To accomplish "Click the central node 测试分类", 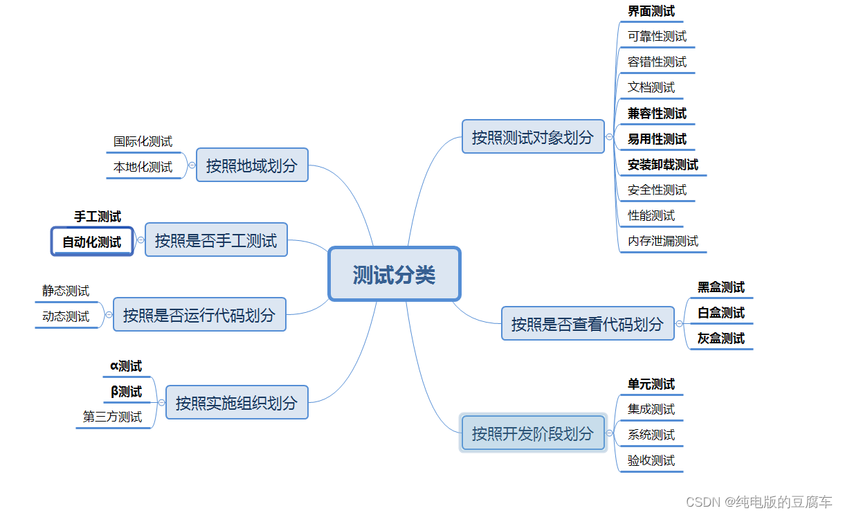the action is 394,274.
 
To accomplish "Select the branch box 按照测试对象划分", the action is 533,137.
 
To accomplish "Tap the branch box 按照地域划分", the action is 252,165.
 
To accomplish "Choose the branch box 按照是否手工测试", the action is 216,240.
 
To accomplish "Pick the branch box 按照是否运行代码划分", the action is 199,315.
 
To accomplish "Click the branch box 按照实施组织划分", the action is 237,402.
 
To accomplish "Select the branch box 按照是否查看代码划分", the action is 588,323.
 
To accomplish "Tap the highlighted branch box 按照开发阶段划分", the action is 533,433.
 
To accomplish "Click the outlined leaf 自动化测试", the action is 92,242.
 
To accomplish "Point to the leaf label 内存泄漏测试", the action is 663,241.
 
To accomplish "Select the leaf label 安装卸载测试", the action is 663,165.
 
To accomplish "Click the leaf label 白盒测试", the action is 721,313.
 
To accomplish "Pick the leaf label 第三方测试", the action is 112,417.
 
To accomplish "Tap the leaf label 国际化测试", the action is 143,142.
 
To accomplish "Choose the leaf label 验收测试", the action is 651,460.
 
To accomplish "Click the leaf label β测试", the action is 126,392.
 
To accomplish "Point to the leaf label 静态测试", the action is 66,291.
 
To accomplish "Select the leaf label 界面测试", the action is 651,11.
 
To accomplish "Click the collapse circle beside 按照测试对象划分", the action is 609,137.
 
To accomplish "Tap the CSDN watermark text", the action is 759,502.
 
